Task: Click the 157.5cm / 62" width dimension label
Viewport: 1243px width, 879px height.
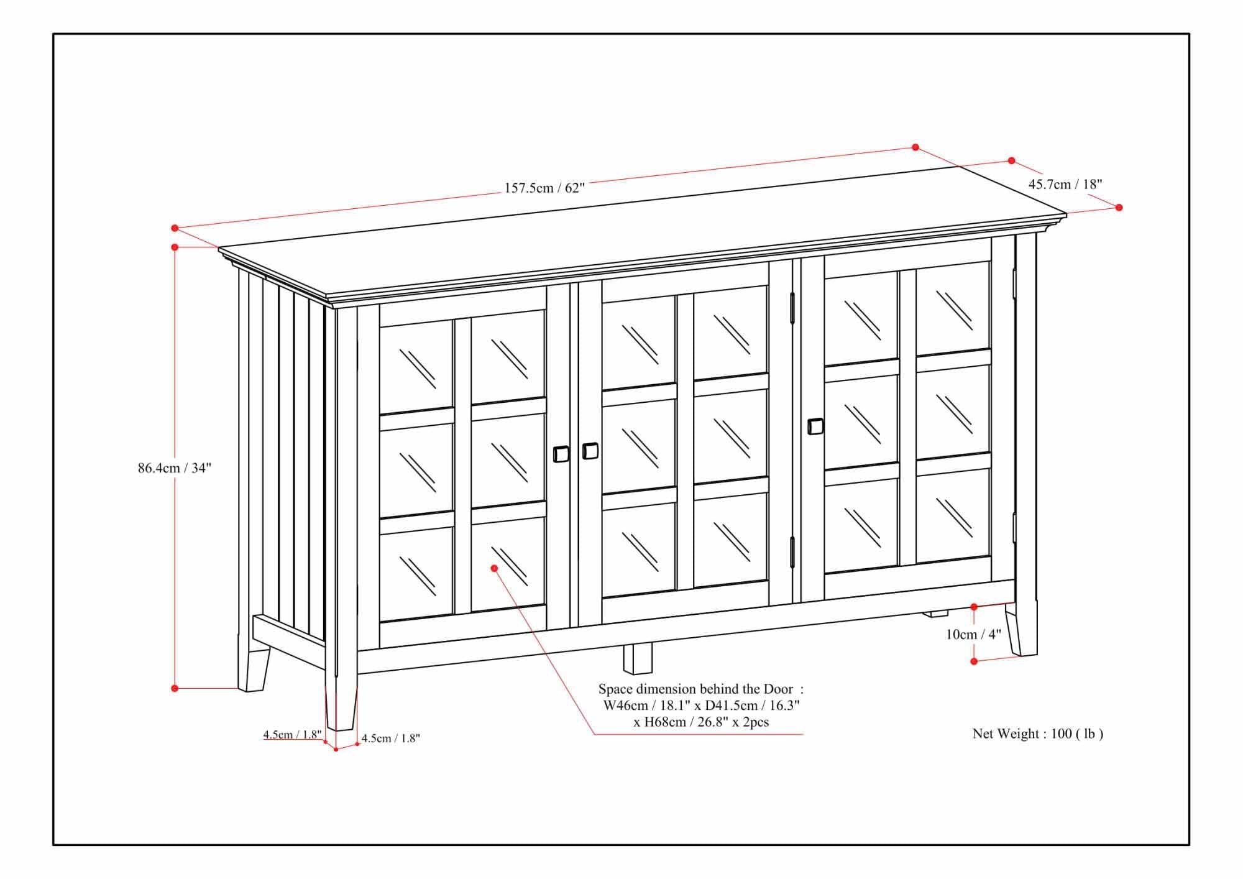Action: tap(544, 187)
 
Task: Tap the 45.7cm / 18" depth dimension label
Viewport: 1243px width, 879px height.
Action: tap(1065, 184)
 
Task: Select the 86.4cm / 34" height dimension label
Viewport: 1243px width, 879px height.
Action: tap(175, 468)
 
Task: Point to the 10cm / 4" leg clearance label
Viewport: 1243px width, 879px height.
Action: tap(973, 634)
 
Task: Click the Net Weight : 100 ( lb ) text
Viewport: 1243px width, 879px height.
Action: tap(1037, 734)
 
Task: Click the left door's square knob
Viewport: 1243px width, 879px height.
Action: tap(561, 454)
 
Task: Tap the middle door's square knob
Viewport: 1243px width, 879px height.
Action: tap(590, 451)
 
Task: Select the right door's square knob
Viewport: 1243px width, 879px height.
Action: tap(815, 426)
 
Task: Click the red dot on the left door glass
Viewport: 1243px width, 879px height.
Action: tap(495, 568)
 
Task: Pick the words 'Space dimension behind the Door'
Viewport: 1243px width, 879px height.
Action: tap(696, 689)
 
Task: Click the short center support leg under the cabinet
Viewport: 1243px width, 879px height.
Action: tap(638, 659)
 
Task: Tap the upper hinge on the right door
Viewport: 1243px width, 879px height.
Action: tap(792, 308)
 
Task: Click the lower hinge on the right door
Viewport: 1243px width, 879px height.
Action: tap(792, 552)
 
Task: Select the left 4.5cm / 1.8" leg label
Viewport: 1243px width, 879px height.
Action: tap(292, 734)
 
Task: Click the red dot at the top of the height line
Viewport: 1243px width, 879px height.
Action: tap(175, 247)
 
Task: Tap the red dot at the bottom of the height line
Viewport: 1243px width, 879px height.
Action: tap(175, 688)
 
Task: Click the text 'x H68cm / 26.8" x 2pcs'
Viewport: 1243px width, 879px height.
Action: tap(701, 722)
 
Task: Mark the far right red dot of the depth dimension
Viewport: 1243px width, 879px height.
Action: tap(1119, 207)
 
